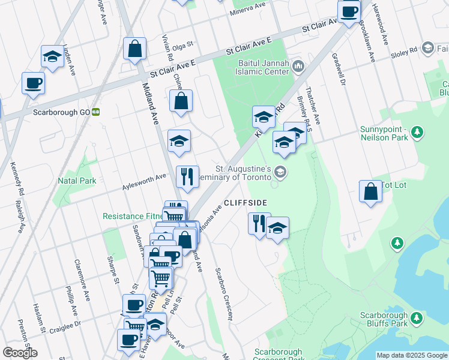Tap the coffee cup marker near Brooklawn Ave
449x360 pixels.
(x=349, y=12)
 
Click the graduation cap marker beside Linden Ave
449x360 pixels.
(x=53, y=58)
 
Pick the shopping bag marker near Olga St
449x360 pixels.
(x=135, y=49)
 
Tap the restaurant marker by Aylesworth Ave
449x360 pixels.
(x=187, y=177)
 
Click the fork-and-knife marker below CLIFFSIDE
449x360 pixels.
(x=259, y=224)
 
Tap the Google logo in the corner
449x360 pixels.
(x=20, y=353)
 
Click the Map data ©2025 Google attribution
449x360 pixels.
(x=411, y=355)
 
